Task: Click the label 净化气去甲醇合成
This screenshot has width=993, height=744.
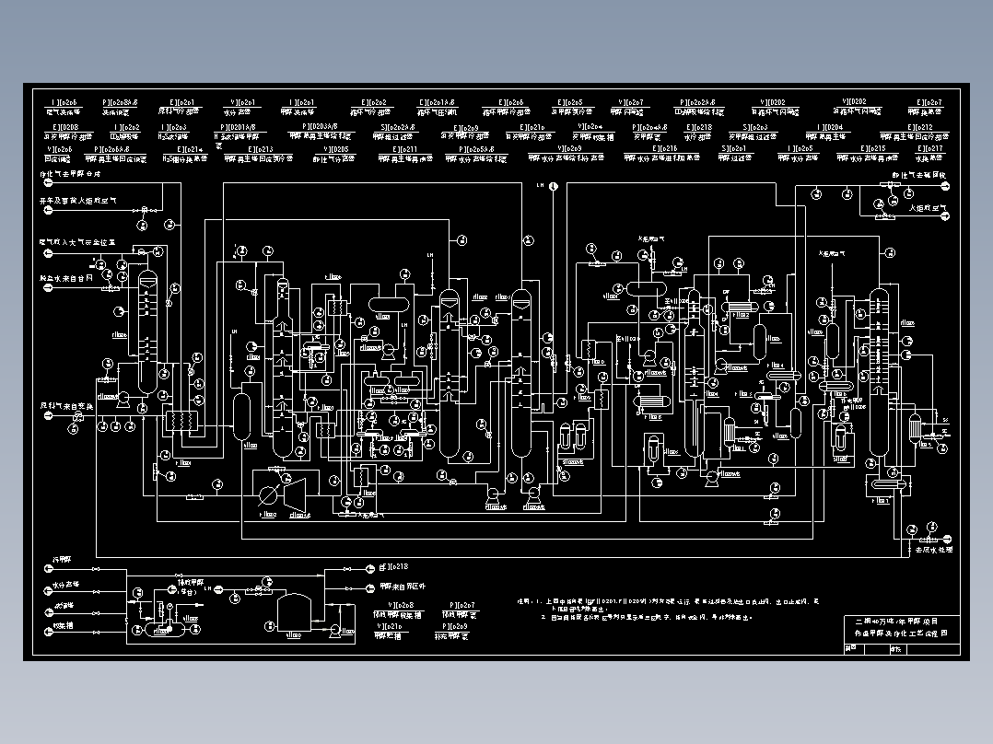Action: tap(69, 173)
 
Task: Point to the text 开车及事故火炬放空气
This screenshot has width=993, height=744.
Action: tap(77, 199)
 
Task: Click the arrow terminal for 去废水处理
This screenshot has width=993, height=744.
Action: tap(912, 550)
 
